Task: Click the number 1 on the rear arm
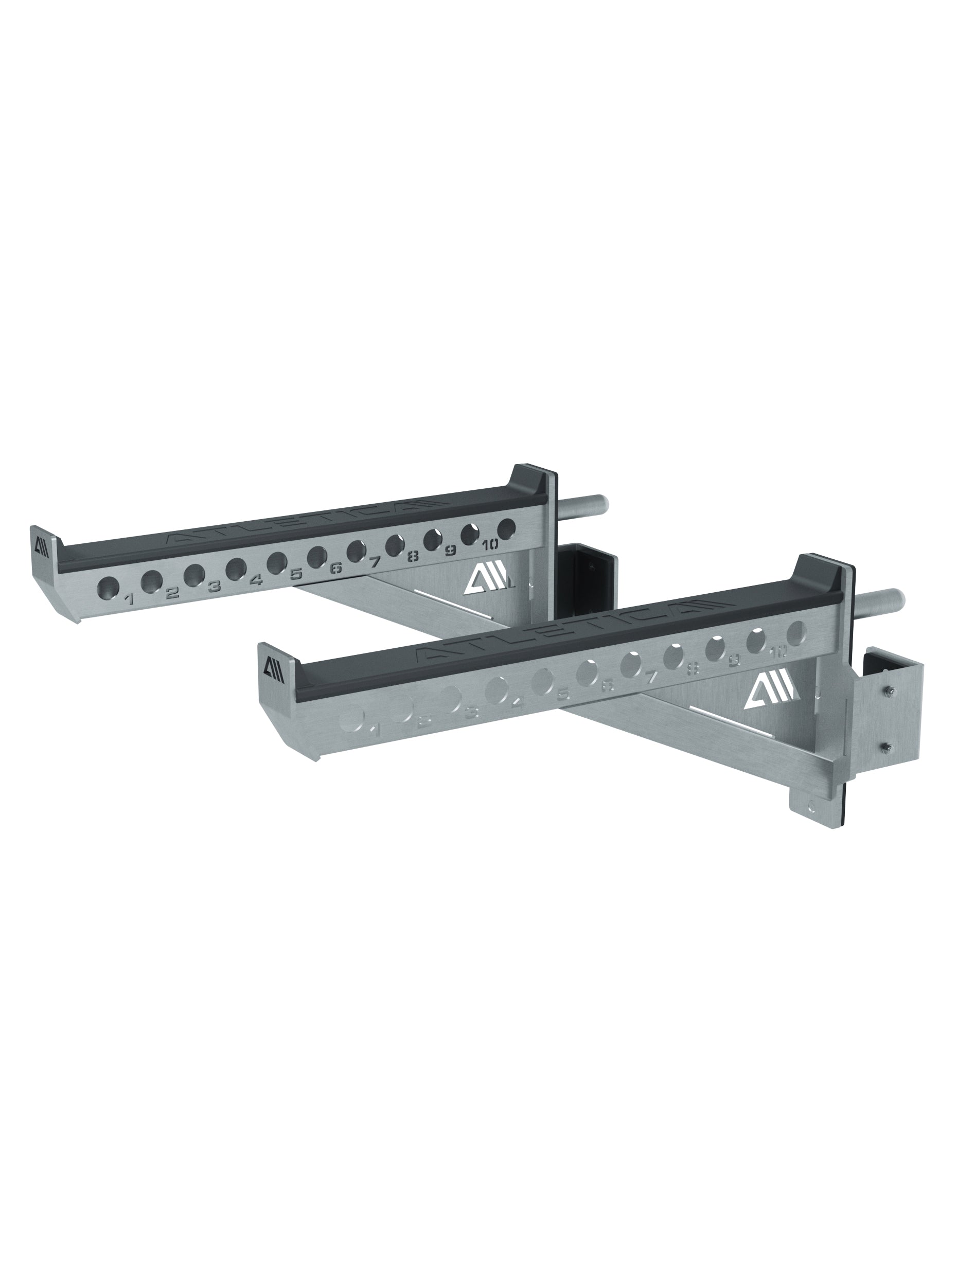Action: click(x=129, y=600)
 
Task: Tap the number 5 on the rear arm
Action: click(x=296, y=574)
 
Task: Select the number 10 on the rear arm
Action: click(x=490, y=543)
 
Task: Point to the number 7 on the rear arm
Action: click(x=375, y=561)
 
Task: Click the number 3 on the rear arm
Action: click(x=214, y=587)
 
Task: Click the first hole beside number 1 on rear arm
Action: click(x=108, y=587)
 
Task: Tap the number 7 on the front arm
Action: click(x=650, y=678)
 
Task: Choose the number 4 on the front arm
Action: click(x=518, y=703)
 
